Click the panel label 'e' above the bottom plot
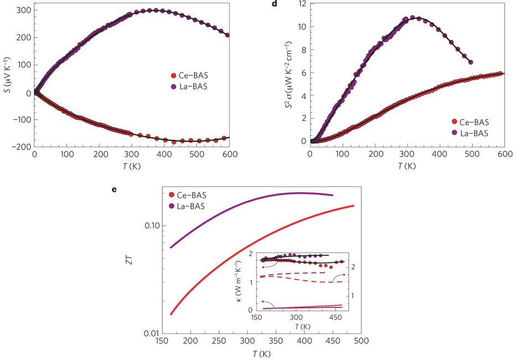[114, 189]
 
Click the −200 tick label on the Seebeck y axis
[20, 146]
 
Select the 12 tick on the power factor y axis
[301, 3]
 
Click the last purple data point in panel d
[470, 62]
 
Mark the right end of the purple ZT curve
[333, 195]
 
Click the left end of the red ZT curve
[171, 314]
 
